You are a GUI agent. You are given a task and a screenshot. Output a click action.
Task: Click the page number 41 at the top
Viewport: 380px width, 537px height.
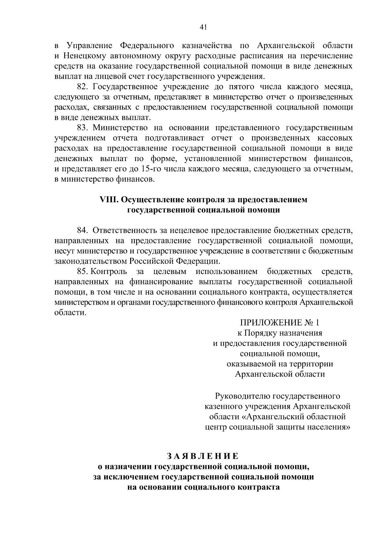(203, 27)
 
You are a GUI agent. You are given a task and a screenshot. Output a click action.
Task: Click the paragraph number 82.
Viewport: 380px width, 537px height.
(83, 87)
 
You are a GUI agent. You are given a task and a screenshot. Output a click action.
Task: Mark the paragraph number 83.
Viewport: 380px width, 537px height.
(83, 128)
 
